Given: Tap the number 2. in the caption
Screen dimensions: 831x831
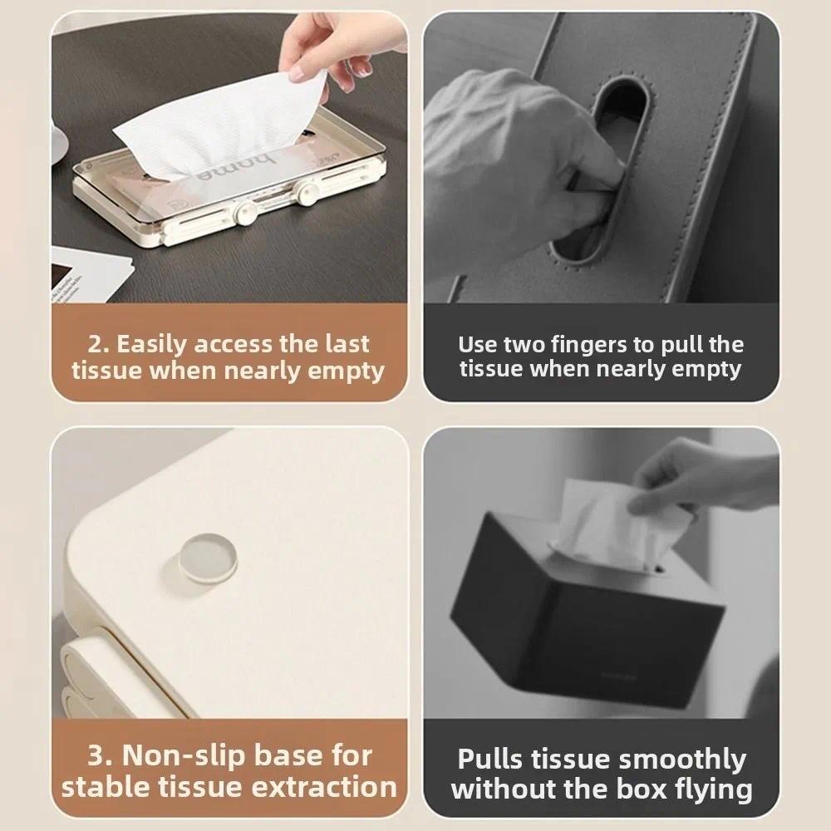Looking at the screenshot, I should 98,344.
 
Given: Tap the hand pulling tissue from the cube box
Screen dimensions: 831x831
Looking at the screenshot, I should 698,482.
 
